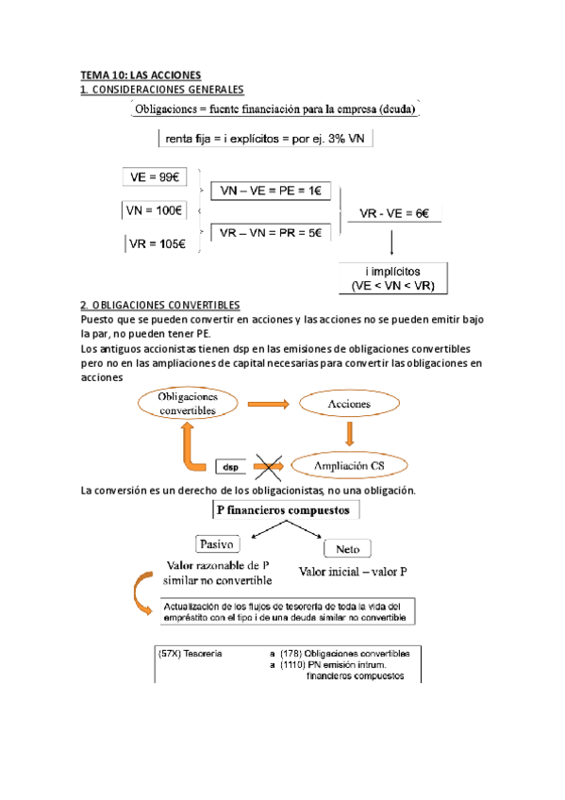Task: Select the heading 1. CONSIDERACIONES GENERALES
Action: click(x=162, y=89)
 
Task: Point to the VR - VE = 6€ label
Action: click(x=394, y=213)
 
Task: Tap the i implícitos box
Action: click(x=394, y=275)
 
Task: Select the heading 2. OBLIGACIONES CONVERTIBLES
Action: click(x=160, y=306)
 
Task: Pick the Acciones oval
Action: click(x=349, y=404)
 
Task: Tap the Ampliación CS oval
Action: click(x=350, y=465)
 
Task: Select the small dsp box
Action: click(x=231, y=466)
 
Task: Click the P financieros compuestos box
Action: click(x=282, y=510)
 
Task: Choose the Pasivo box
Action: click(x=217, y=544)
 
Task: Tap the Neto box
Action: click(x=347, y=548)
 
